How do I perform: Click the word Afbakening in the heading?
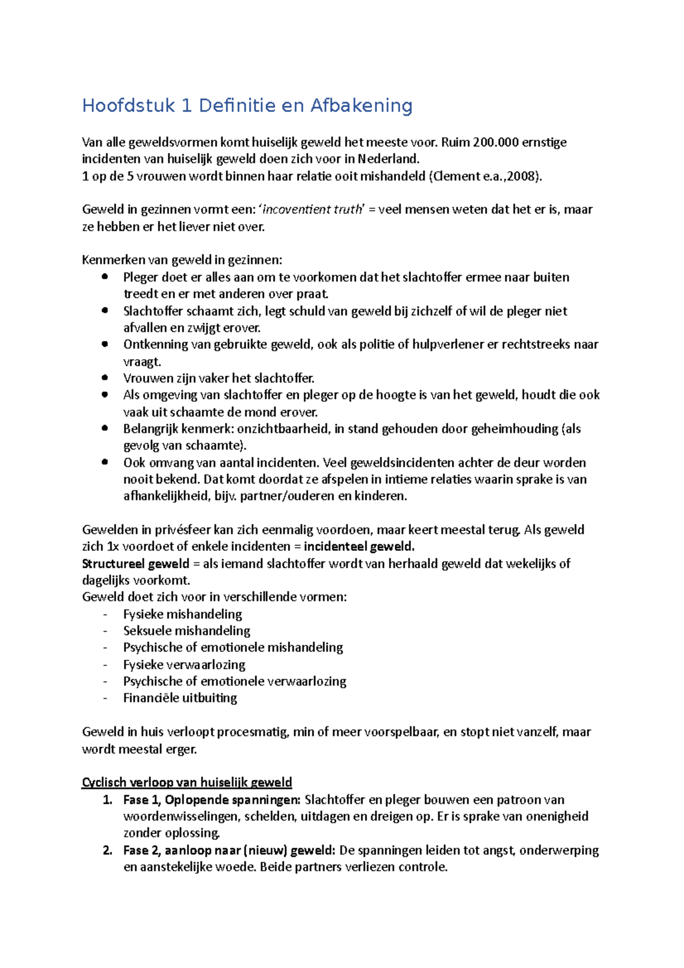[361, 105]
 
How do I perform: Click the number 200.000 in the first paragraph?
[495, 142]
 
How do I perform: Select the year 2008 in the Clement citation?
[520, 176]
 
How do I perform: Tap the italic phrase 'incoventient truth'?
[312, 210]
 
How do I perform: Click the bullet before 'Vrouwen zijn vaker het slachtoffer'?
[104, 377]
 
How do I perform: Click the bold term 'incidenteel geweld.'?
[359, 547]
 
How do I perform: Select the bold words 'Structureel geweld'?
[136, 564]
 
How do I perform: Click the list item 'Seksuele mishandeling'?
[186, 631]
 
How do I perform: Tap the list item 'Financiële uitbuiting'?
[180, 698]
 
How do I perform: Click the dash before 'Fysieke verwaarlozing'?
[105, 665]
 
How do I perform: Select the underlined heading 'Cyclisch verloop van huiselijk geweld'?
[187, 782]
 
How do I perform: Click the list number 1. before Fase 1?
[108, 800]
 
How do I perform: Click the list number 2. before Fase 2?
[108, 851]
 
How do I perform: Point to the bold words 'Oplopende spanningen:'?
[233, 800]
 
